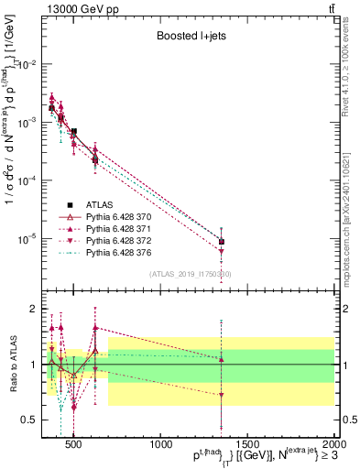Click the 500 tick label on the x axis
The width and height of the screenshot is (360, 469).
tap(74, 446)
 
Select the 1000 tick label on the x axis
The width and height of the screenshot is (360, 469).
tap(161, 446)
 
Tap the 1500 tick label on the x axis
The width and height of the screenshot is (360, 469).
tap(248, 446)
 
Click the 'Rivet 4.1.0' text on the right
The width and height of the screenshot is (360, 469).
tap(351, 69)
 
